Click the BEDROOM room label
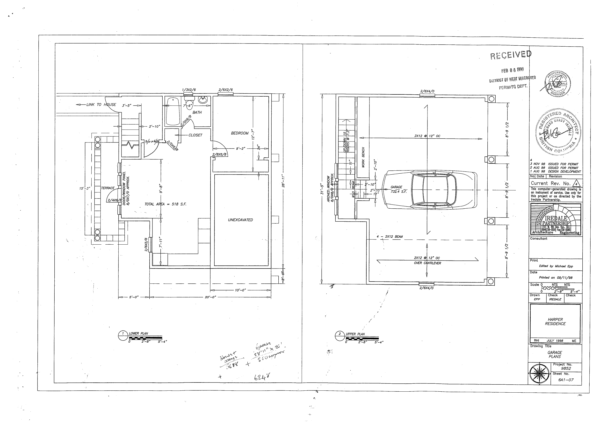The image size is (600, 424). tap(239, 133)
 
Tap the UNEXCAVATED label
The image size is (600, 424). tap(240, 220)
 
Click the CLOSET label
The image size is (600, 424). tap(195, 135)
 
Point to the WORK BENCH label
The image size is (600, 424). tap(363, 157)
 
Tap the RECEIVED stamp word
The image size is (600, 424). tap(511, 55)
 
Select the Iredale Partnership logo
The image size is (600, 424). tap(556, 219)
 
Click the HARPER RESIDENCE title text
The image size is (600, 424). tap(555, 321)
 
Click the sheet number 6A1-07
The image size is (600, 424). tap(566, 380)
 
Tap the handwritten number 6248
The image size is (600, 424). tap(262, 377)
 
